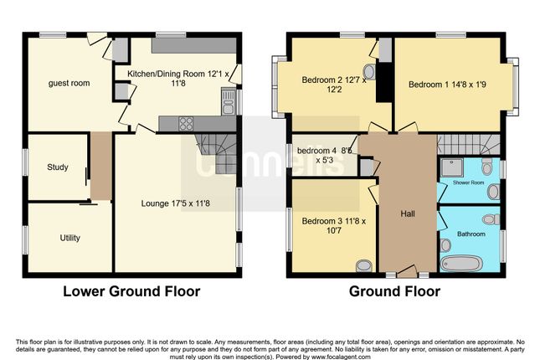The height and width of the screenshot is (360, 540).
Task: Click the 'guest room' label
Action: tap(69, 83)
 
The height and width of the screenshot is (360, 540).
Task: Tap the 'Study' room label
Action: tap(58, 167)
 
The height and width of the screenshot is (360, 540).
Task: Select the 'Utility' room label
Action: tap(70, 238)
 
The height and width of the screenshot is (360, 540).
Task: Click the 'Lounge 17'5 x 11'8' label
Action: tap(175, 203)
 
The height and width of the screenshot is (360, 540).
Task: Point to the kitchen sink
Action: tap(228, 101)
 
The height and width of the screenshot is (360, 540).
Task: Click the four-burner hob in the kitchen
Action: tap(186, 124)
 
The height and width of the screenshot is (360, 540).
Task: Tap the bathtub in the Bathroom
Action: tap(461, 264)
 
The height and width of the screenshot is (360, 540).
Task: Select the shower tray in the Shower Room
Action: tap(452, 167)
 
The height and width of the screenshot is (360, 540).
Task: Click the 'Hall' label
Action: tap(408, 213)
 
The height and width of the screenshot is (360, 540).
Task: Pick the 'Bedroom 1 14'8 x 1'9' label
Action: tap(447, 85)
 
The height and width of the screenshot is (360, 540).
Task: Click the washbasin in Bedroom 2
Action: tap(369, 72)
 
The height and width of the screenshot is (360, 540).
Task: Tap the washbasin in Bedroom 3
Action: tap(364, 266)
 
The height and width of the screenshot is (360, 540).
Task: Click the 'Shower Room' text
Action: tap(468, 183)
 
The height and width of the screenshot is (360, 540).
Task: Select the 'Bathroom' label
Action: tap(471, 234)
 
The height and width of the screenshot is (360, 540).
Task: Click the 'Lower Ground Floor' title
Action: tap(131, 291)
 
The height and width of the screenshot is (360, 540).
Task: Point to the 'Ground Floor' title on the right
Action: tap(394, 291)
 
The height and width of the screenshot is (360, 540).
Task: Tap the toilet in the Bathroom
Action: tap(491, 219)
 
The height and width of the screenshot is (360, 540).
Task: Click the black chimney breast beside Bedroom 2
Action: tap(383, 82)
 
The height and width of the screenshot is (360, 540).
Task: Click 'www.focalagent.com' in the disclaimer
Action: tap(341, 357)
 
